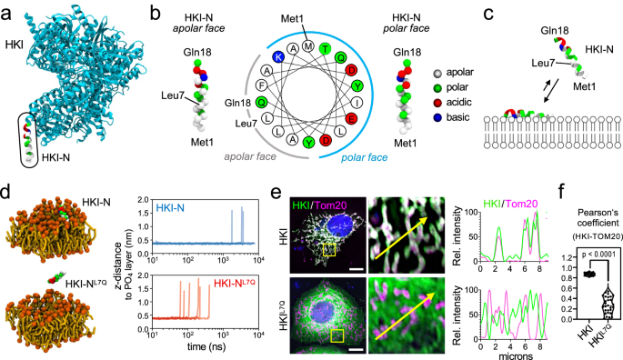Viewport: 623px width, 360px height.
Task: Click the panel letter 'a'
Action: tap(6, 9)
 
